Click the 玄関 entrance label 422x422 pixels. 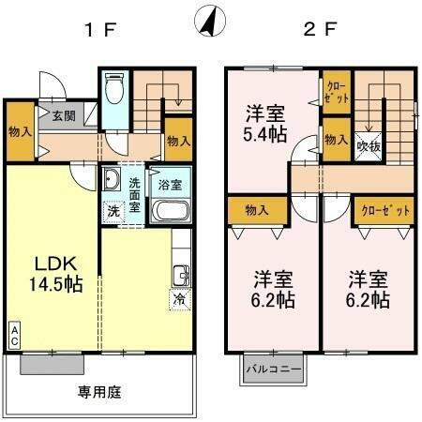63,117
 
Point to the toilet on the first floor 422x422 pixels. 114,91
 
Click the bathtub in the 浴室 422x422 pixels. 173,209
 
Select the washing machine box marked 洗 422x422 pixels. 113,212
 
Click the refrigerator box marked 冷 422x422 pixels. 178,300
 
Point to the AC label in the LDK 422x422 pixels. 15,335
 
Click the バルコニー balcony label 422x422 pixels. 273,369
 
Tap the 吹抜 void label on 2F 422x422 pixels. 367,145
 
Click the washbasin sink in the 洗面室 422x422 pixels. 111,180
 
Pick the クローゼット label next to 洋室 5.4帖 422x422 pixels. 337,91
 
